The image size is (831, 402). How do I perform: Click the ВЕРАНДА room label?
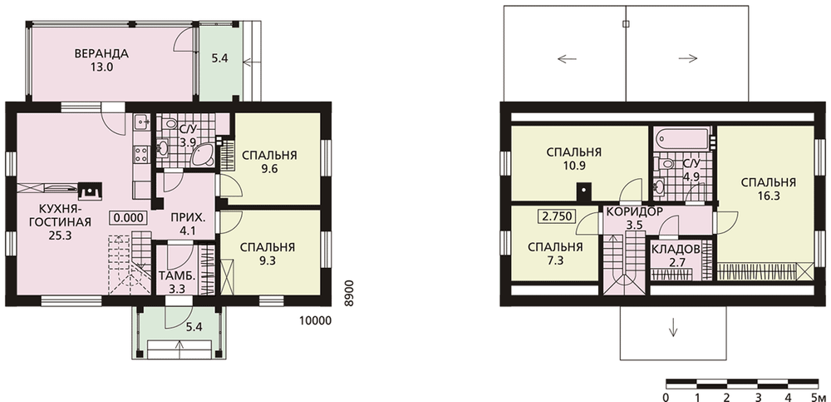click(x=101, y=53)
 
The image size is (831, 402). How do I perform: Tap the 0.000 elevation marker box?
click(x=128, y=217)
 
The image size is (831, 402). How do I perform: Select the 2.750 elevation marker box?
click(x=557, y=216)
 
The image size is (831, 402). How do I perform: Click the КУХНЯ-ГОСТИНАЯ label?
click(x=60, y=215)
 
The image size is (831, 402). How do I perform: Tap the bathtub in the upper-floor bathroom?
click(x=681, y=140)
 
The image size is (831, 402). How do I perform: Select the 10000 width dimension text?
click(x=315, y=320)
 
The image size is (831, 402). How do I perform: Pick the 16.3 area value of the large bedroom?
click(x=769, y=196)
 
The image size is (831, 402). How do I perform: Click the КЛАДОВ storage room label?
click(x=676, y=249)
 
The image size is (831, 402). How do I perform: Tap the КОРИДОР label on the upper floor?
click(x=634, y=211)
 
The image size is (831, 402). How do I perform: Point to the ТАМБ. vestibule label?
click(x=174, y=276)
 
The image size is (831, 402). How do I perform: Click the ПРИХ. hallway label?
click(x=188, y=218)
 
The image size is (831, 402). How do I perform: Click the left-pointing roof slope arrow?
click(x=567, y=59)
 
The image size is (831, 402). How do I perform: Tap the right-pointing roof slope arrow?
click(x=688, y=59)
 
